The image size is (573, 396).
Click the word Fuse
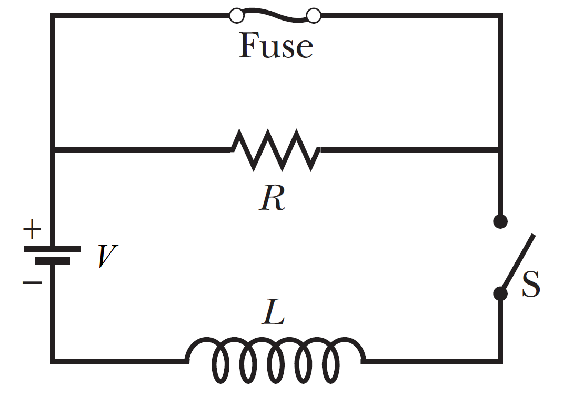click(276, 46)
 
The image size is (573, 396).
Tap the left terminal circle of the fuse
click(237, 16)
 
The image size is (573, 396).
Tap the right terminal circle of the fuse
click(314, 16)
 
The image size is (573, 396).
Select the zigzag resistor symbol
click(275, 150)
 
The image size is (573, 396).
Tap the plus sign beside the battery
click(32, 229)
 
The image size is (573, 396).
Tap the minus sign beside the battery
click(32, 283)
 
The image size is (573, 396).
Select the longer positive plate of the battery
click(52, 249)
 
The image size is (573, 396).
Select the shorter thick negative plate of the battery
click(52, 261)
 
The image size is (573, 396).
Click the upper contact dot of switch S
click(500, 221)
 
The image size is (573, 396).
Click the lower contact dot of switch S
click(500, 293)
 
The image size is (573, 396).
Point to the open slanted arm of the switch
click(519, 262)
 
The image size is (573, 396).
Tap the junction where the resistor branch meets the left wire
click(53, 150)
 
